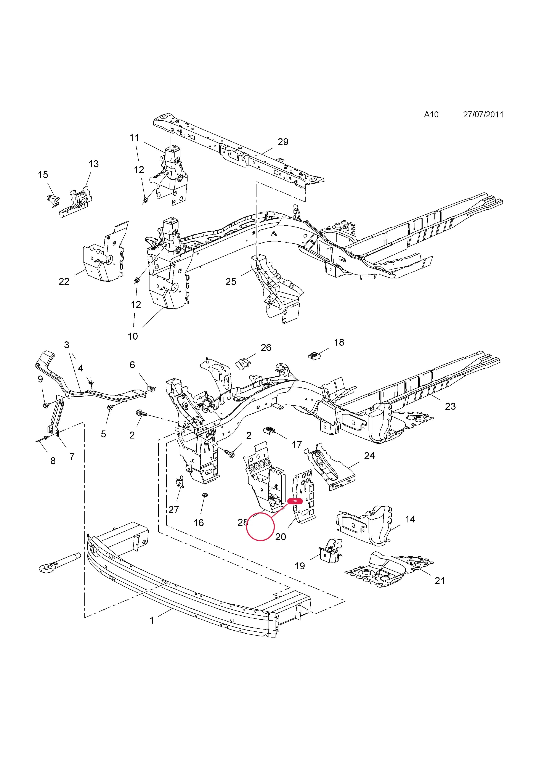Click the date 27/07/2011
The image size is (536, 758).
click(x=483, y=115)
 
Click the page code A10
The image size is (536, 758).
click(x=431, y=115)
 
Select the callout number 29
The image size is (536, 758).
click(x=283, y=142)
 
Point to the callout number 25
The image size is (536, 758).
click(x=231, y=282)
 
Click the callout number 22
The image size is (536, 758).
click(x=64, y=281)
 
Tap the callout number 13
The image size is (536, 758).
click(x=93, y=164)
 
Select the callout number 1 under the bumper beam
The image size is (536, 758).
click(x=152, y=621)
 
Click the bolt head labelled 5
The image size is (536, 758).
click(x=109, y=408)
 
